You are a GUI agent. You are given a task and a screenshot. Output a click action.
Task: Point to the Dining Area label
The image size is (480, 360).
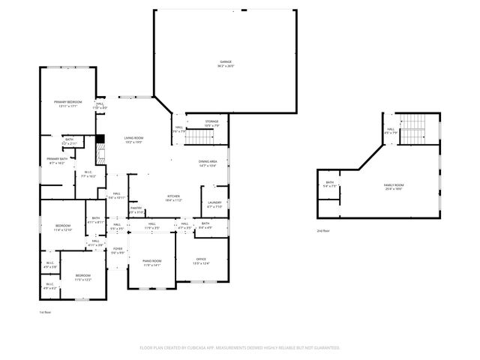[x=208, y=163]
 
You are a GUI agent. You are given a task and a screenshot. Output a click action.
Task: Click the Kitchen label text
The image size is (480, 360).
[x=172, y=199]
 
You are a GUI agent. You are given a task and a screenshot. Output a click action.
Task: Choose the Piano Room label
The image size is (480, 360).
[x=152, y=262]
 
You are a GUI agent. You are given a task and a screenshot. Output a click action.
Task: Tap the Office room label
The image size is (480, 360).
[x=201, y=261]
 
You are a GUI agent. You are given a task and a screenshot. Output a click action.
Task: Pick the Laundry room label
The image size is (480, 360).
[x=213, y=205]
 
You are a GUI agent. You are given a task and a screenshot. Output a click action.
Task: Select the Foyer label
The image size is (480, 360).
[x=118, y=250]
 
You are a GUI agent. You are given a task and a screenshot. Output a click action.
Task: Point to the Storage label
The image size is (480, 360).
[x=212, y=123]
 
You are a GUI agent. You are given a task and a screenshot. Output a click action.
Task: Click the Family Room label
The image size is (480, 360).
[x=394, y=186]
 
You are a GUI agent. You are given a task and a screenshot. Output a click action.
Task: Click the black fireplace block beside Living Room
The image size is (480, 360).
[x=99, y=139]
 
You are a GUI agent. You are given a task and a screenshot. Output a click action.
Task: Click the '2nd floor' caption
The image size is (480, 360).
[x=322, y=231]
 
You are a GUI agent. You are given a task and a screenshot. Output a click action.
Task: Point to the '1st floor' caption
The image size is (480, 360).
[x=46, y=312]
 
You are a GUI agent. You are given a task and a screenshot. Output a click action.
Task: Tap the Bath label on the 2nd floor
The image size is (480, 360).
[x=329, y=184]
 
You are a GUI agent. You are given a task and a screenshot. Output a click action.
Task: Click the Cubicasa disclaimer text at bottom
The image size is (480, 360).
[x=240, y=347]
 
